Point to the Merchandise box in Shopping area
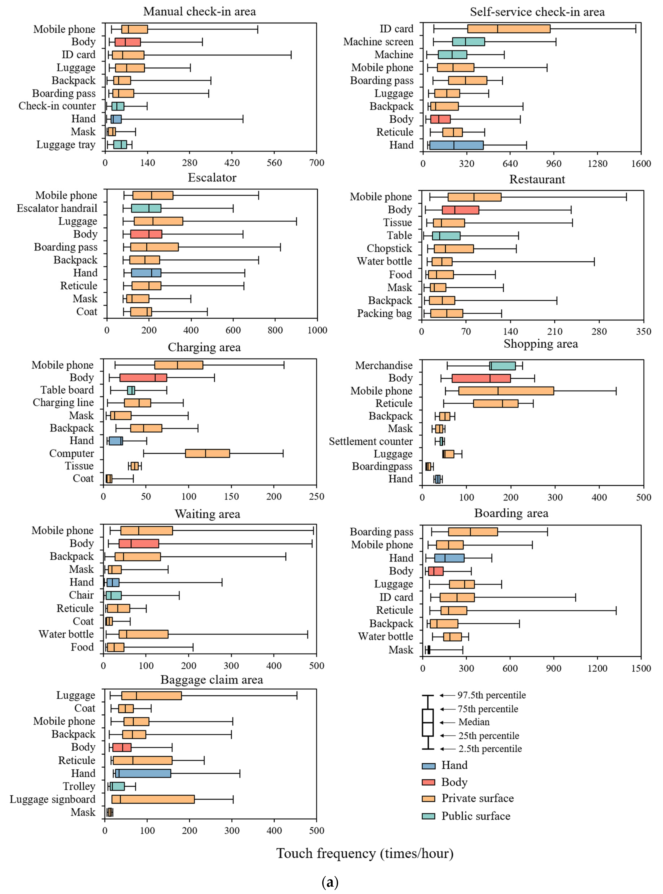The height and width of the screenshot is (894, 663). click(502, 365)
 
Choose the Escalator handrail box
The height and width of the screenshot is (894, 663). click(146, 208)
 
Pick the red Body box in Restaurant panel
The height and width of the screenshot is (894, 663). click(460, 210)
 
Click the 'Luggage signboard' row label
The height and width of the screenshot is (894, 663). click(53, 799)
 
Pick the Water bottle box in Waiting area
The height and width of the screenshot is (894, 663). click(143, 634)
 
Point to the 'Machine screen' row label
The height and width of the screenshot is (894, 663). click(378, 42)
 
